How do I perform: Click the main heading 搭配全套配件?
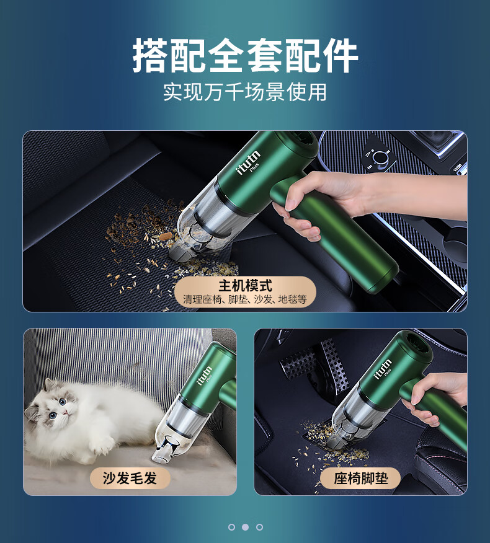point(245,55)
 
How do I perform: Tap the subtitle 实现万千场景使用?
point(245,92)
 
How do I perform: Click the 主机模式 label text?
point(245,286)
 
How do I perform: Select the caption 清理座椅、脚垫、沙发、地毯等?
point(245,299)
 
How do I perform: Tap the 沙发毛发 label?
point(130,479)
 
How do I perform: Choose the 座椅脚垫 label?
point(361,479)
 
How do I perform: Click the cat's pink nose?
point(65,412)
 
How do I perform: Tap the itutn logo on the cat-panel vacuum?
point(205,375)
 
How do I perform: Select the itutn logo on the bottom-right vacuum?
point(383,369)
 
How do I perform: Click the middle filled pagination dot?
point(245,527)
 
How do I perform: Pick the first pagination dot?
point(231,527)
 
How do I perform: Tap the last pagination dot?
point(259,527)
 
